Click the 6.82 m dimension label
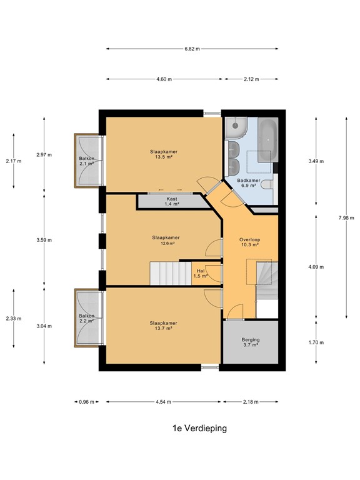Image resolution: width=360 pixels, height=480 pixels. click(x=192, y=49)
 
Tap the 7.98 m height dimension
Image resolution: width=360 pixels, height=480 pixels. click(x=346, y=218)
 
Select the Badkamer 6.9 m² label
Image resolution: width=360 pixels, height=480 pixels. click(x=249, y=182)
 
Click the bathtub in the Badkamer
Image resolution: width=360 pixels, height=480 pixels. click(x=268, y=139)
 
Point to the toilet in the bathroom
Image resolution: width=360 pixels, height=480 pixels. click(x=268, y=184)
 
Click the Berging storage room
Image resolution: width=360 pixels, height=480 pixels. click(x=251, y=342)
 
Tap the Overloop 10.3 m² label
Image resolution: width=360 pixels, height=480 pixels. click(x=250, y=242)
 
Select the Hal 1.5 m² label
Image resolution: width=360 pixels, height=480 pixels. click(x=201, y=273)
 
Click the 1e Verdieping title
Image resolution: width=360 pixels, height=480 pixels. click(x=200, y=428)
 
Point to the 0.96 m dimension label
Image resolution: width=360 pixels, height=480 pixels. click(x=87, y=402)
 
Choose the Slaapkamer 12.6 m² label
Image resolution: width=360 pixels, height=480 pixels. click(x=166, y=240)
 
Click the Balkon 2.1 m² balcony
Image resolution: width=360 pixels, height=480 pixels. click(x=88, y=161)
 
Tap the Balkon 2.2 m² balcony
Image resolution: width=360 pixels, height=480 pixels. click(x=89, y=317)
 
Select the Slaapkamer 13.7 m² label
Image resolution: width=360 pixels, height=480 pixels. click(x=164, y=326)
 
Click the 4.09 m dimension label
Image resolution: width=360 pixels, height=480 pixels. click(x=316, y=267)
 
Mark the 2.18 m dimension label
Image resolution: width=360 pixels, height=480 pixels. click(x=251, y=402)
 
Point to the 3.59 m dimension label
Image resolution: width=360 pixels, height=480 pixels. click(x=44, y=240)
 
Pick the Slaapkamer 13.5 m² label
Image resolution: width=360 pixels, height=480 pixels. click(x=164, y=154)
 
